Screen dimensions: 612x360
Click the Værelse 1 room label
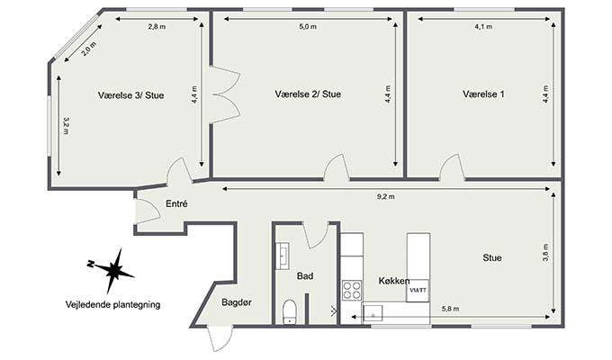point(483,94)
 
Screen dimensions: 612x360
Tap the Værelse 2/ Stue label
point(308,94)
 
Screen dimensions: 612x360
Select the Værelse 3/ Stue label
point(130,95)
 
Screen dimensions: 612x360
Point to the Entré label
point(176,203)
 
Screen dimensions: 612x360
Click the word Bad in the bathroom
point(305,276)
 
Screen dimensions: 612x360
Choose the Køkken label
point(394,281)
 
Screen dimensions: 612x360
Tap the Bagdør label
point(237,302)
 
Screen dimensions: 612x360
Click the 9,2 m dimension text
point(385,197)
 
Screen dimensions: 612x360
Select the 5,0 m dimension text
point(308,27)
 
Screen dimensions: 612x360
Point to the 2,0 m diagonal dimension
point(88,49)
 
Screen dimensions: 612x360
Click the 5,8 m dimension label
point(450,309)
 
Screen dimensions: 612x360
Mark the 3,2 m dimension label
point(66,126)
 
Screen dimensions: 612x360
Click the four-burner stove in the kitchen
point(352,290)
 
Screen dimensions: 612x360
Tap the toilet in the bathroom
point(289,311)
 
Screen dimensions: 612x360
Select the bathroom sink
point(283,256)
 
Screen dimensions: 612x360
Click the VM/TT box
point(418,291)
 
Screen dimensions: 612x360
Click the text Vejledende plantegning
point(112,304)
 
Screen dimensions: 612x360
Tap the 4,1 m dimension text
point(483,27)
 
